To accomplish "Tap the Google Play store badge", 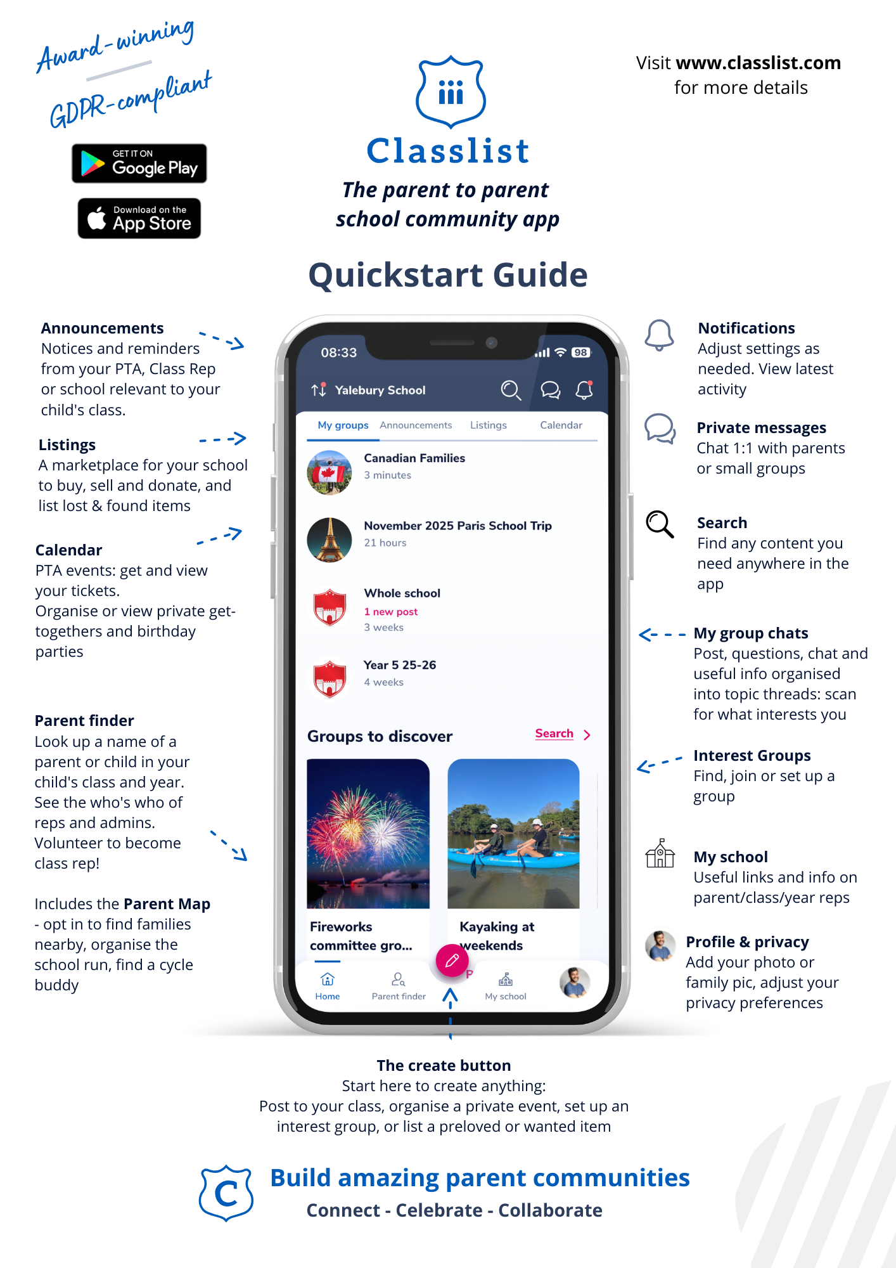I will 139,164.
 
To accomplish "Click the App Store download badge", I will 139,218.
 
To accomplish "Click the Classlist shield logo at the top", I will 451,92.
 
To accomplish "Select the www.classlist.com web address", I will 758,63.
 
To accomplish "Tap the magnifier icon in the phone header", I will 511,390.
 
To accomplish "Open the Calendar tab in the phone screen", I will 561,425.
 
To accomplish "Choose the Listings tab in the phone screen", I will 488,425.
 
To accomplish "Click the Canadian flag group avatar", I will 330,472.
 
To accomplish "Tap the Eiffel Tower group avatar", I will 330,540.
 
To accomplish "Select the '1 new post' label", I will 390,612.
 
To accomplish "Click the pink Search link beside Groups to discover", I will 554,734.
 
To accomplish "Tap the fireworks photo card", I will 368,833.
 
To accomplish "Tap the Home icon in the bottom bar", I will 328,980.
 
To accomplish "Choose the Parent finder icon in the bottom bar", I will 398,980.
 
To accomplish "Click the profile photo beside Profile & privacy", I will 660,946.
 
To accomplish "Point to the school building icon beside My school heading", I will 660,853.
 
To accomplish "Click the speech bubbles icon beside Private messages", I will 660,429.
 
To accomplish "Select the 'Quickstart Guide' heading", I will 448,275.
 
